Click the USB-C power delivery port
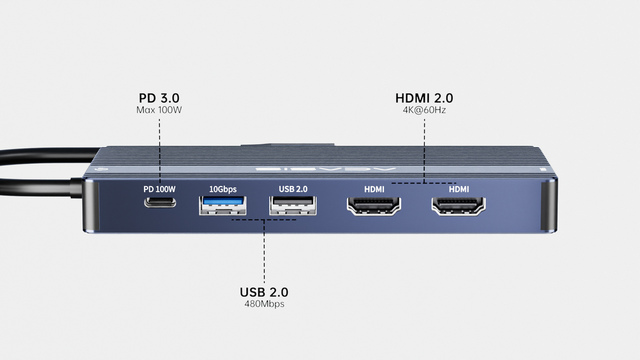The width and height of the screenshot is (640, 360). (x=160, y=202)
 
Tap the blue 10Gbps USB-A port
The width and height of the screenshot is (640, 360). (x=223, y=205)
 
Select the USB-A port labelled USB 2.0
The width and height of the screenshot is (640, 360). (x=293, y=205)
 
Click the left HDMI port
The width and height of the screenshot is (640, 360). (x=374, y=206)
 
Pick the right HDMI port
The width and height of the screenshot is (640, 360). (x=459, y=206)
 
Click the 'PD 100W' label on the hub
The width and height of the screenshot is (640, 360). (x=160, y=189)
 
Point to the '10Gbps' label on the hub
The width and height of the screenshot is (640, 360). (x=223, y=189)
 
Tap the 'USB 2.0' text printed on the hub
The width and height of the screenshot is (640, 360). (x=293, y=189)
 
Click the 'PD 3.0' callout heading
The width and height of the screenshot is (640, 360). (x=159, y=98)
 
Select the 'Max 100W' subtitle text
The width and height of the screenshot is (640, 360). (x=159, y=110)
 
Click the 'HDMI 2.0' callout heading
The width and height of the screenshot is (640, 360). (x=424, y=98)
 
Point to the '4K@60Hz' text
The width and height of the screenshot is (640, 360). (x=424, y=110)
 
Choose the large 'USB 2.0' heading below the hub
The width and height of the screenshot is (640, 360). (x=264, y=292)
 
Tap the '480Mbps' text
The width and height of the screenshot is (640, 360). (x=264, y=304)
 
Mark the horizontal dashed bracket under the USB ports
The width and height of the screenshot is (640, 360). (x=264, y=220)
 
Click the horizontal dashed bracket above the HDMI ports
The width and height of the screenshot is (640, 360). (x=424, y=182)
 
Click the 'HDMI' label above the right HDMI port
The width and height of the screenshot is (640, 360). (x=459, y=189)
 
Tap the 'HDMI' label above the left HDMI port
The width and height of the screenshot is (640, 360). (x=374, y=189)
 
